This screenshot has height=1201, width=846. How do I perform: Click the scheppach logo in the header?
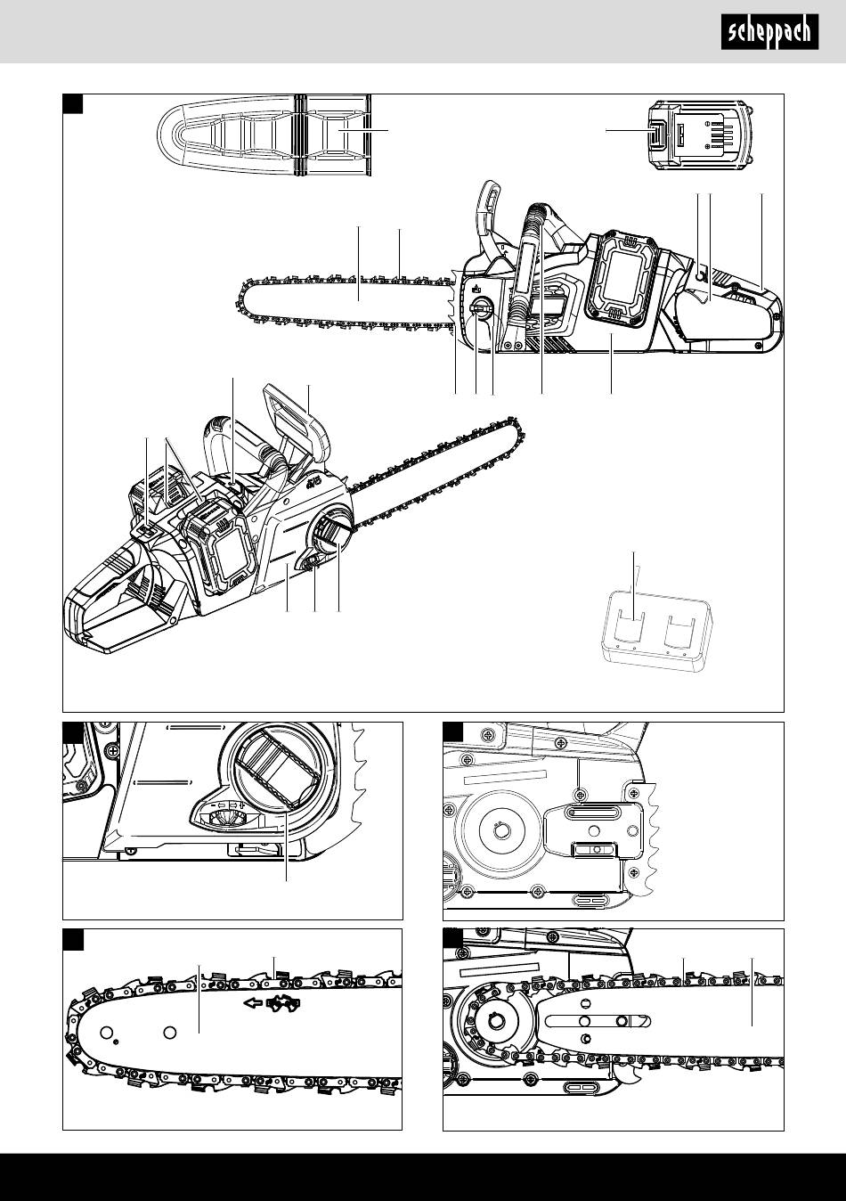coord(769,32)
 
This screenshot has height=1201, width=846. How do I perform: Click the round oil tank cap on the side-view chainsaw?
coord(479,308)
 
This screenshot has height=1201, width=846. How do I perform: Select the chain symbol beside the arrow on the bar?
coord(284,1004)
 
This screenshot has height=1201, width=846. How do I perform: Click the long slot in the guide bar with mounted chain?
coord(598,1020)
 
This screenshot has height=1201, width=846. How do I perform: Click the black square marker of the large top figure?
coord(73,103)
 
